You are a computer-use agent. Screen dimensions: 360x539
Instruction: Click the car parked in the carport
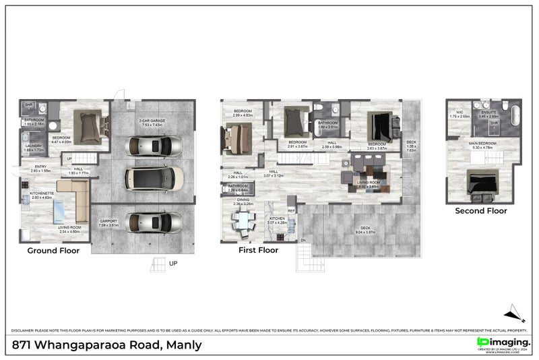click(x=154, y=222)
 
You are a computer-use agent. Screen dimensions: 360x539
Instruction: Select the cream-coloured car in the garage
click(x=154, y=178)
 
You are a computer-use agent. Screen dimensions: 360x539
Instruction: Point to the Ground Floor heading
click(x=53, y=251)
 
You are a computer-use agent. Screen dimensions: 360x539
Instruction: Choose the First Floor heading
click(x=258, y=250)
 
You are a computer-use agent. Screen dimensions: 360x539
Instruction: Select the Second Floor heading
click(x=481, y=210)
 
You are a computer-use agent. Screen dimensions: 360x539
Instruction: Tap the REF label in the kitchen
click(x=291, y=211)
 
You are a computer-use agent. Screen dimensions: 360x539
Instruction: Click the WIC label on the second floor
click(x=460, y=113)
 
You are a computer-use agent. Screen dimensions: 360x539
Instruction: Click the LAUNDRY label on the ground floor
click(x=34, y=146)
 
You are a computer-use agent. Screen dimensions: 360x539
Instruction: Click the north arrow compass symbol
click(x=515, y=312)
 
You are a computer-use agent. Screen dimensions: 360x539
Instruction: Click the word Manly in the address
click(x=182, y=345)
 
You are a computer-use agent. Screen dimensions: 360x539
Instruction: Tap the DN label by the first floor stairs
click(x=303, y=241)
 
